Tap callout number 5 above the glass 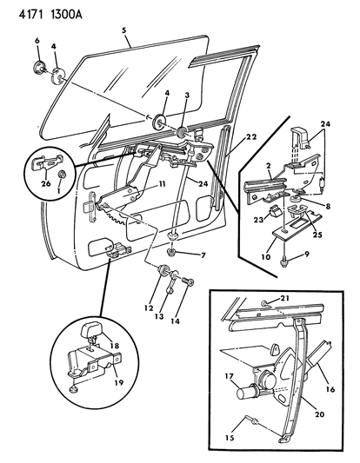click(x=124, y=30)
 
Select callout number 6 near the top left click(x=37, y=42)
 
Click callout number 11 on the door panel click(x=161, y=185)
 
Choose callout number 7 click(x=203, y=255)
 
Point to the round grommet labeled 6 click(x=38, y=67)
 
